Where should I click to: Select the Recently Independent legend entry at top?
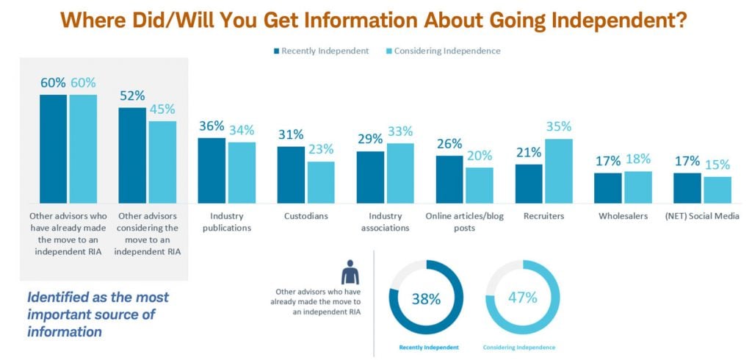tap(321, 51)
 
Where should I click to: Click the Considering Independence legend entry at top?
tap(442, 51)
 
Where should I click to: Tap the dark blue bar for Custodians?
tap(291, 174)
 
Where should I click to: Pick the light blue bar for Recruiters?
tap(558, 170)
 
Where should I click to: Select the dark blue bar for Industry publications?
tap(212, 170)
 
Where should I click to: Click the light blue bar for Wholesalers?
tap(637, 187)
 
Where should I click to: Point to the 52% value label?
tap(133, 96)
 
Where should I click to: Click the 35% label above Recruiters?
tap(558, 127)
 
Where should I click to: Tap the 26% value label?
tap(449, 144)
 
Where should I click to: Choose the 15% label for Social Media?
tap(717, 165)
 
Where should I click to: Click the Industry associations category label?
tap(385, 223)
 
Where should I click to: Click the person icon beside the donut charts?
tap(351, 273)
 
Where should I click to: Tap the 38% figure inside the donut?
tap(425, 299)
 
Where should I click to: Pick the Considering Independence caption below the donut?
tap(519, 347)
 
